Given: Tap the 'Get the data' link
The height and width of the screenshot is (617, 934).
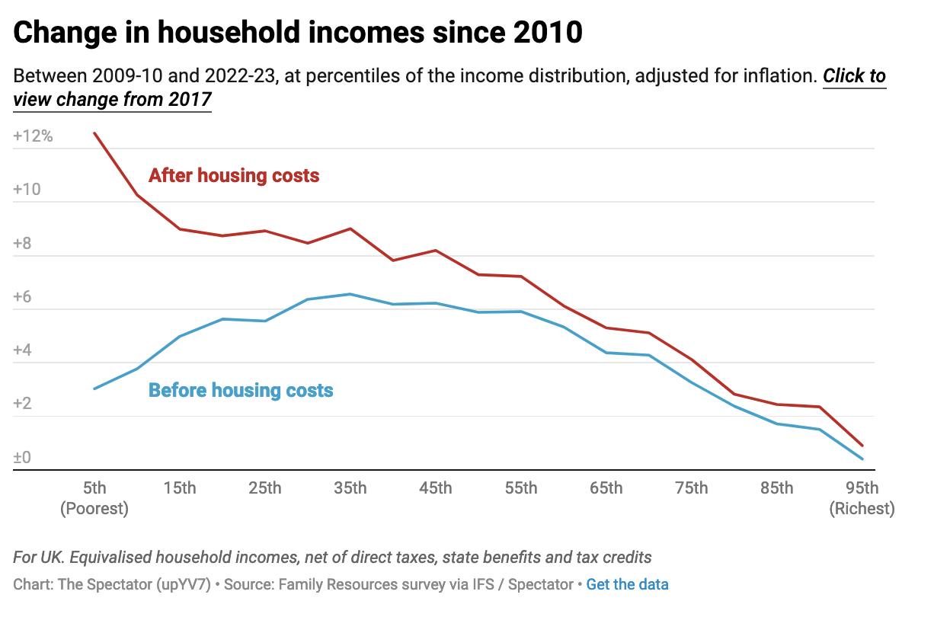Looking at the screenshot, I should tap(627, 585).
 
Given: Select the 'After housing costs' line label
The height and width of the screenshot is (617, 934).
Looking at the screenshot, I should tap(234, 176).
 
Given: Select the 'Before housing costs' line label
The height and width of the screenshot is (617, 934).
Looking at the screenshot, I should tap(241, 391).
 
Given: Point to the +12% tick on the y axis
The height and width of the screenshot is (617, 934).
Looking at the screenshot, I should tap(33, 136).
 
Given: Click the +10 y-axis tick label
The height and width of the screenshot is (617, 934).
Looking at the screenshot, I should tap(28, 190).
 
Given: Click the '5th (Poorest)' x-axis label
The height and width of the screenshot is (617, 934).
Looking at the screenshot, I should tap(94, 498).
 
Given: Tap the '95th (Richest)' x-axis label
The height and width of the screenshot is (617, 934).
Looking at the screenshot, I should tap(862, 498).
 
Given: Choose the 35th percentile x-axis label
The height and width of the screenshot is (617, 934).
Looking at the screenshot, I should tap(350, 488).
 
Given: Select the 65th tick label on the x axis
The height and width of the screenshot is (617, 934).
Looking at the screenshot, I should tap(606, 488).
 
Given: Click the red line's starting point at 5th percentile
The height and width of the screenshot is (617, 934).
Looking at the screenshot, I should tap(94, 133).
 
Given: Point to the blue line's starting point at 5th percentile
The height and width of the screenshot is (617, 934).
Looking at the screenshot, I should tap(94, 388).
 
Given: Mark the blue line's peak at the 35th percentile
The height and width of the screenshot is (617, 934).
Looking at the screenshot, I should tap(350, 294).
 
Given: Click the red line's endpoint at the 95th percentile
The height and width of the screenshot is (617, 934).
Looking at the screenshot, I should tap(862, 446).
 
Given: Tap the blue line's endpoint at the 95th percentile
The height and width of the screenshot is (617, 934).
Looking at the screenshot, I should tap(862, 459).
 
